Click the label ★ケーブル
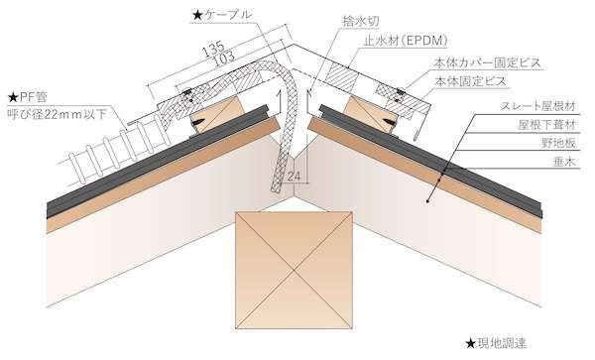coord(221,15)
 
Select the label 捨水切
coord(361,21)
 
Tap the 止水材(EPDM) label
coord(406,41)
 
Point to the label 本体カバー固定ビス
coord(487,62)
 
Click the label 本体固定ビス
coord(470,81)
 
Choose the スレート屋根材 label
coord(538,106)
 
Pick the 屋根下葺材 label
coord(547,124)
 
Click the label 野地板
coord(558,143)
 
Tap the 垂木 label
coord(564,162)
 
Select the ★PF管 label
coord(28,97)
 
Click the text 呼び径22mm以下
coord(58,114)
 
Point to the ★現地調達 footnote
coord(496,344)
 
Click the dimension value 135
coord(213,49)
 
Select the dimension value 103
coord(223,59)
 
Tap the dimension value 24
coord(294,176)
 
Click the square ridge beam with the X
coord(295,270)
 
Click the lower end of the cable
coord(275,188)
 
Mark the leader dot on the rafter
coord(427,201)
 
